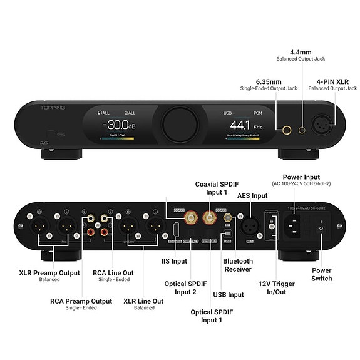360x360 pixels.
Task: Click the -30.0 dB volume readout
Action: coord(120,124)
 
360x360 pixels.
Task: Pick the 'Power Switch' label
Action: coord(321,274)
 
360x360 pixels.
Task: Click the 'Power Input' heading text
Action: coord(302,177)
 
